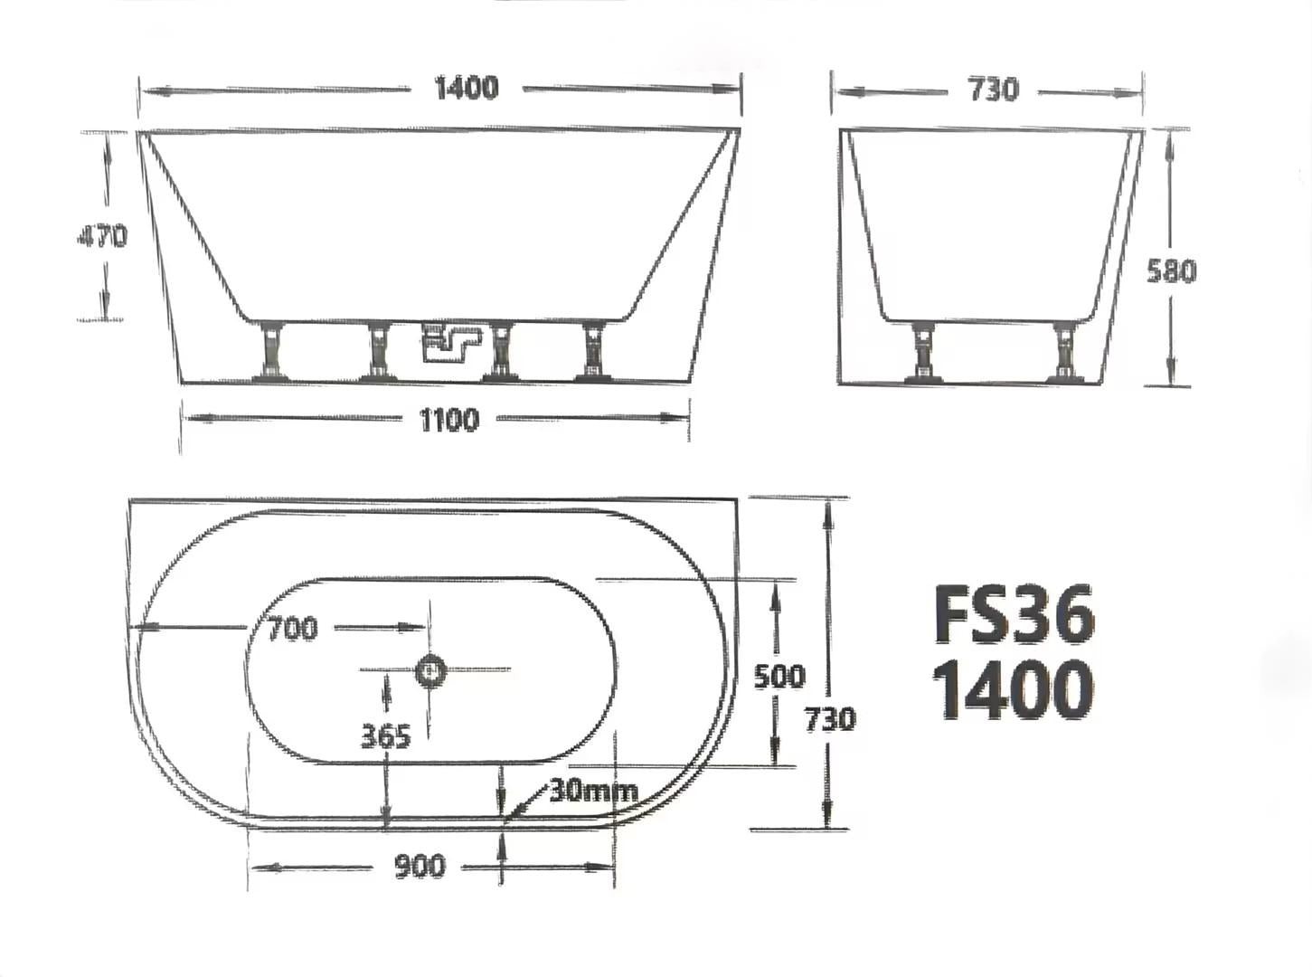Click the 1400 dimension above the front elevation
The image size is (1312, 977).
pyautogui.click(x=466, y=88)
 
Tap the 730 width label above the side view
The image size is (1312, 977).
pyautogui.click(x=992, y=90)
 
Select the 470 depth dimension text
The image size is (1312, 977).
pyautogui.click(x=101, y=236)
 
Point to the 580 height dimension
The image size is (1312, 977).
pyautogui.click(x=1171, y=270)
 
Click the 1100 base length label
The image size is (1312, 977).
pyautogui.click(x=449, y=420)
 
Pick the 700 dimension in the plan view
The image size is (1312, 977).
pyautogui.click(x=292, y=628)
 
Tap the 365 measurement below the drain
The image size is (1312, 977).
pyautogui.click(x=385, y=735)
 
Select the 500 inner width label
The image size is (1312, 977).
pyautogui.click(x=779, y=676)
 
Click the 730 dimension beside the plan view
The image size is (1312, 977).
pyautogui.click(x=830, y=718)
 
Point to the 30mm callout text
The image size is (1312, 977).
pyautogui.click(x=593, y=791)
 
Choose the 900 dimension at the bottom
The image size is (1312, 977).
pyautogui.click(x=420, y=867)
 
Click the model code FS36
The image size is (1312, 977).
pyautogui.click(x=1014, y=615)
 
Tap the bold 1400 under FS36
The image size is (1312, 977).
pyautogui.click(x=1012, y=690)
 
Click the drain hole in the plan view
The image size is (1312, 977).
pyautogui.click(x=431, y=670)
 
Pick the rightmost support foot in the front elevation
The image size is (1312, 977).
pyautogui.click(x=594, y=351)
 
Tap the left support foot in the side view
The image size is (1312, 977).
pyautogui.click(x=922, y=351)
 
